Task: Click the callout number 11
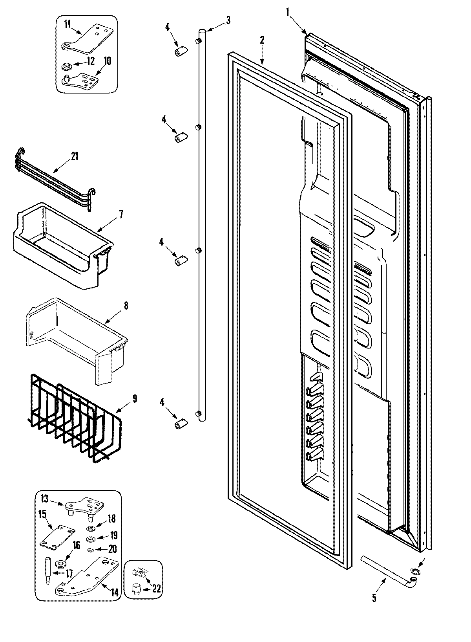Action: point(68,24)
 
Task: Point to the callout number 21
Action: point(74,156)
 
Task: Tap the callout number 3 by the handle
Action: point(228,20)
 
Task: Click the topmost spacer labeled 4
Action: point(180,51)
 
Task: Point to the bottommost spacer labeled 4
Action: point(180,424)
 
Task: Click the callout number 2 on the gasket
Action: point(262,40)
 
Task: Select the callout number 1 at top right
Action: point(288,12)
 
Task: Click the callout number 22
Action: point(157,589)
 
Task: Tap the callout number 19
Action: point(113,535)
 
